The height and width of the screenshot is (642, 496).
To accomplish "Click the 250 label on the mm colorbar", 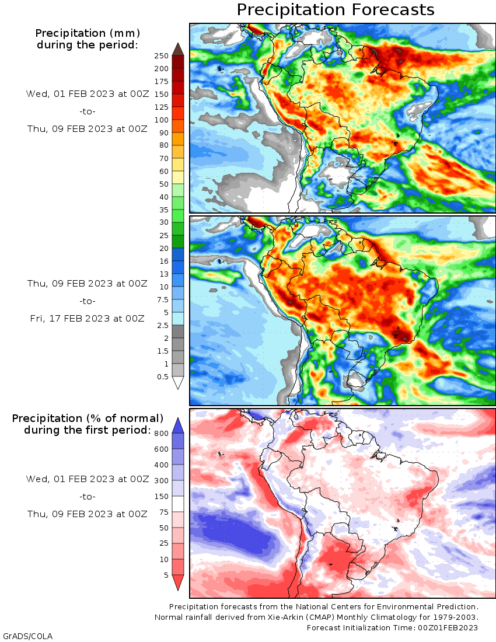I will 162,55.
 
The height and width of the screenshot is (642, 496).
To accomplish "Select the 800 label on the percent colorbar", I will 162,433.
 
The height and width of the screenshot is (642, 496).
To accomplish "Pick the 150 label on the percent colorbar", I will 162,497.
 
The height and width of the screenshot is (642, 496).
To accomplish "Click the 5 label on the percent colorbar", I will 166,575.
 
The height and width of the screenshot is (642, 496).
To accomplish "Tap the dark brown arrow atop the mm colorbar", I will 178,49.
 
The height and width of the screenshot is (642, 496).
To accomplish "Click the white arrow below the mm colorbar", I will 178,383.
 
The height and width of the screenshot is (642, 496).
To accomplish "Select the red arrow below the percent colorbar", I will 178,582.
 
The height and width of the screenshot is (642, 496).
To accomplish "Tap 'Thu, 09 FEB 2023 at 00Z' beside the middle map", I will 88,284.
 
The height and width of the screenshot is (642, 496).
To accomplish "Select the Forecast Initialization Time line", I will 392,627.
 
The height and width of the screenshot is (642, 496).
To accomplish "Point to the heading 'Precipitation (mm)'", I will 88,33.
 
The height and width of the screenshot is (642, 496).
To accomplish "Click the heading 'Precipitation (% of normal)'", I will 88,418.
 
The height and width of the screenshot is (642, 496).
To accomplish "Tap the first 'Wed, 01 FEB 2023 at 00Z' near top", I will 88,94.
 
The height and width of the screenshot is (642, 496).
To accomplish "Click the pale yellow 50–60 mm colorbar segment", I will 178,177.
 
